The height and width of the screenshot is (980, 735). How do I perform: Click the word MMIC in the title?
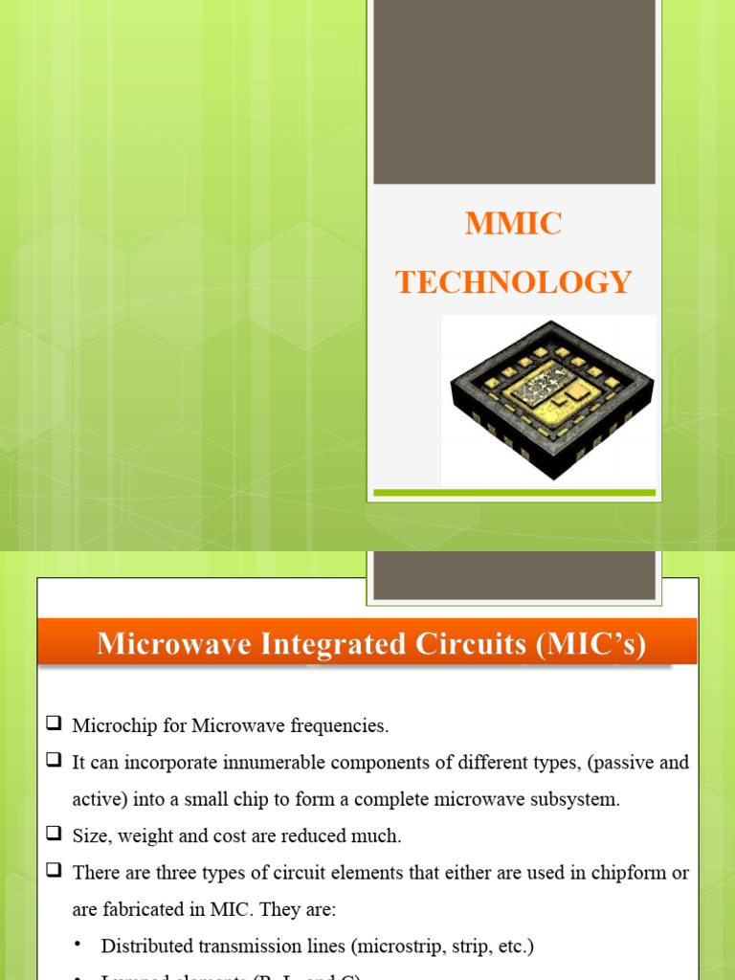513,224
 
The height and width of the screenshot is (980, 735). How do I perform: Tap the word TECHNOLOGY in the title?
513,282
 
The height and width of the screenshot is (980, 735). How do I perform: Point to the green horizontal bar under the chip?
514,493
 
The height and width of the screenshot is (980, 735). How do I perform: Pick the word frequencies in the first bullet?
342,725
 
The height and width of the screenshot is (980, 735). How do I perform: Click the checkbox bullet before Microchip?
53,724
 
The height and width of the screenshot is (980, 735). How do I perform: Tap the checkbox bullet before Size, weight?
53,835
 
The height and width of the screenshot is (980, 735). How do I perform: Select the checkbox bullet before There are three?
53,872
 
